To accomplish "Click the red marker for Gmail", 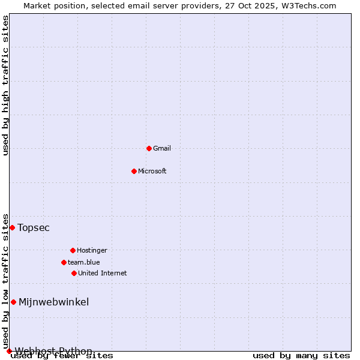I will coord(149,148).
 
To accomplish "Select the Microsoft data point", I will coord(134,171).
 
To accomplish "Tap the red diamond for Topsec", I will coord(12,227).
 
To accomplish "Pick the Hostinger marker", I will coord(73,250).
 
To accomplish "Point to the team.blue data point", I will coord(64,262).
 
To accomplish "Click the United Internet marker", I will coord(74,273).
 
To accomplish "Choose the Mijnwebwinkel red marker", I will coord(13,302).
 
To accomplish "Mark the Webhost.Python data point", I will coord(9,351).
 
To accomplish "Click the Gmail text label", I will coord(162,148).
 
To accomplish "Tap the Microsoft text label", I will coord(152,171).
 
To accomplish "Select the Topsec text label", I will coord(34,227).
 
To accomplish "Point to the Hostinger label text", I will coord(92,250).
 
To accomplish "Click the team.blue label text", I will coord(84,262).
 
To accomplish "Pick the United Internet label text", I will coord(103,273).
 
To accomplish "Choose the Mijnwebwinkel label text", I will coord(54,302).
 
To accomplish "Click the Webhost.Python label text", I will coord(53,351).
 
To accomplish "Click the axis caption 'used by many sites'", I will coord(301,356).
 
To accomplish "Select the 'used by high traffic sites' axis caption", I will coord(6,85).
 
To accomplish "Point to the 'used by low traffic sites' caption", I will coord(6,281).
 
